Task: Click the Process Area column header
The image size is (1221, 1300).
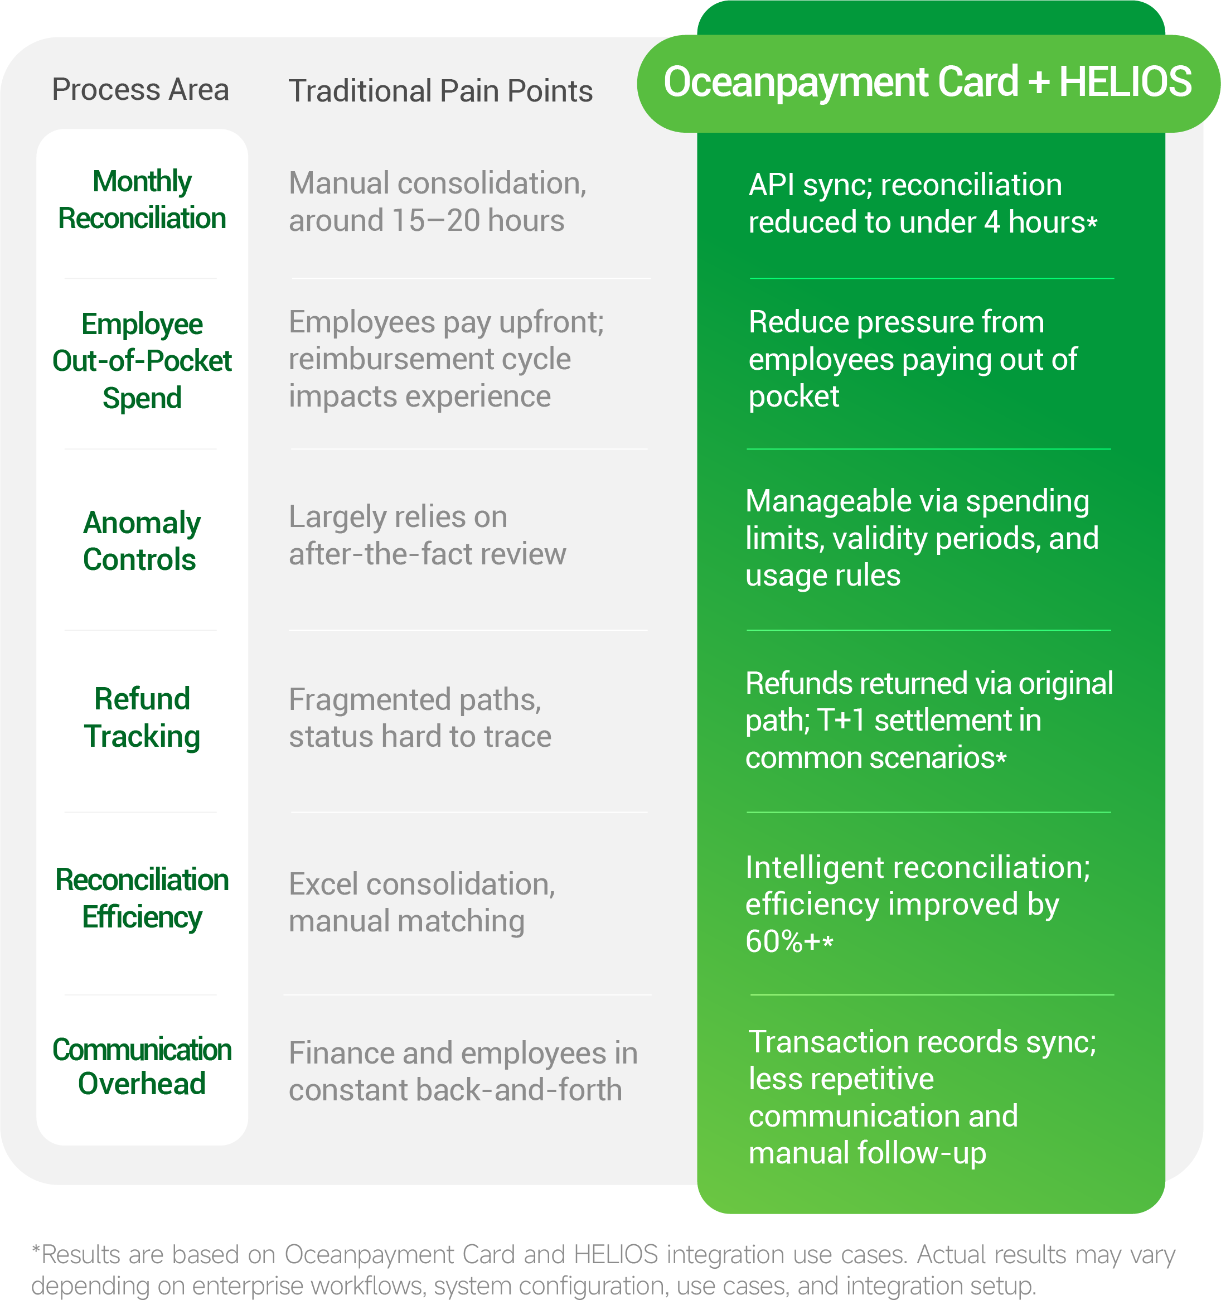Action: click(140, 90)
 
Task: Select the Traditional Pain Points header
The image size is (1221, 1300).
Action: click(440, 91)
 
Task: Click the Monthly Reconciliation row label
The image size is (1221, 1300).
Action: click(142, 200)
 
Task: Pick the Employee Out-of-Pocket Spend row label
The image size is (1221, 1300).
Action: click(142, 361)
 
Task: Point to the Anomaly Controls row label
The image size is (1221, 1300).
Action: click(142, 541)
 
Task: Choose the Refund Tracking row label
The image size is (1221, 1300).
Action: click(142, 717)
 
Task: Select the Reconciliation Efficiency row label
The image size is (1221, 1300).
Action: click(142, 898)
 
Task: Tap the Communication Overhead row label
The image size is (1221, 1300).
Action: click(142, 1066)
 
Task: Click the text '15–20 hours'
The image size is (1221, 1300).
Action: click(478, 220)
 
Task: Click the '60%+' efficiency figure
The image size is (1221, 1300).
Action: click(783, 941)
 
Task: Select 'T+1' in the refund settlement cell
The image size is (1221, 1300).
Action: click(842, 720)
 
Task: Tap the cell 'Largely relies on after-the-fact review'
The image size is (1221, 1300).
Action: click(428, 535)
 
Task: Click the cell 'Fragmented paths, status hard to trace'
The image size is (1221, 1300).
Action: click(420, 717)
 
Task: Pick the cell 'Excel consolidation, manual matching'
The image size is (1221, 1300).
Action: click(422, 902)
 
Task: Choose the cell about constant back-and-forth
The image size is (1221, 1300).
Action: click(463, 1071)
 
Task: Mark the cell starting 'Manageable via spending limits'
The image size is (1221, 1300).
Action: click(922, 538)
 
